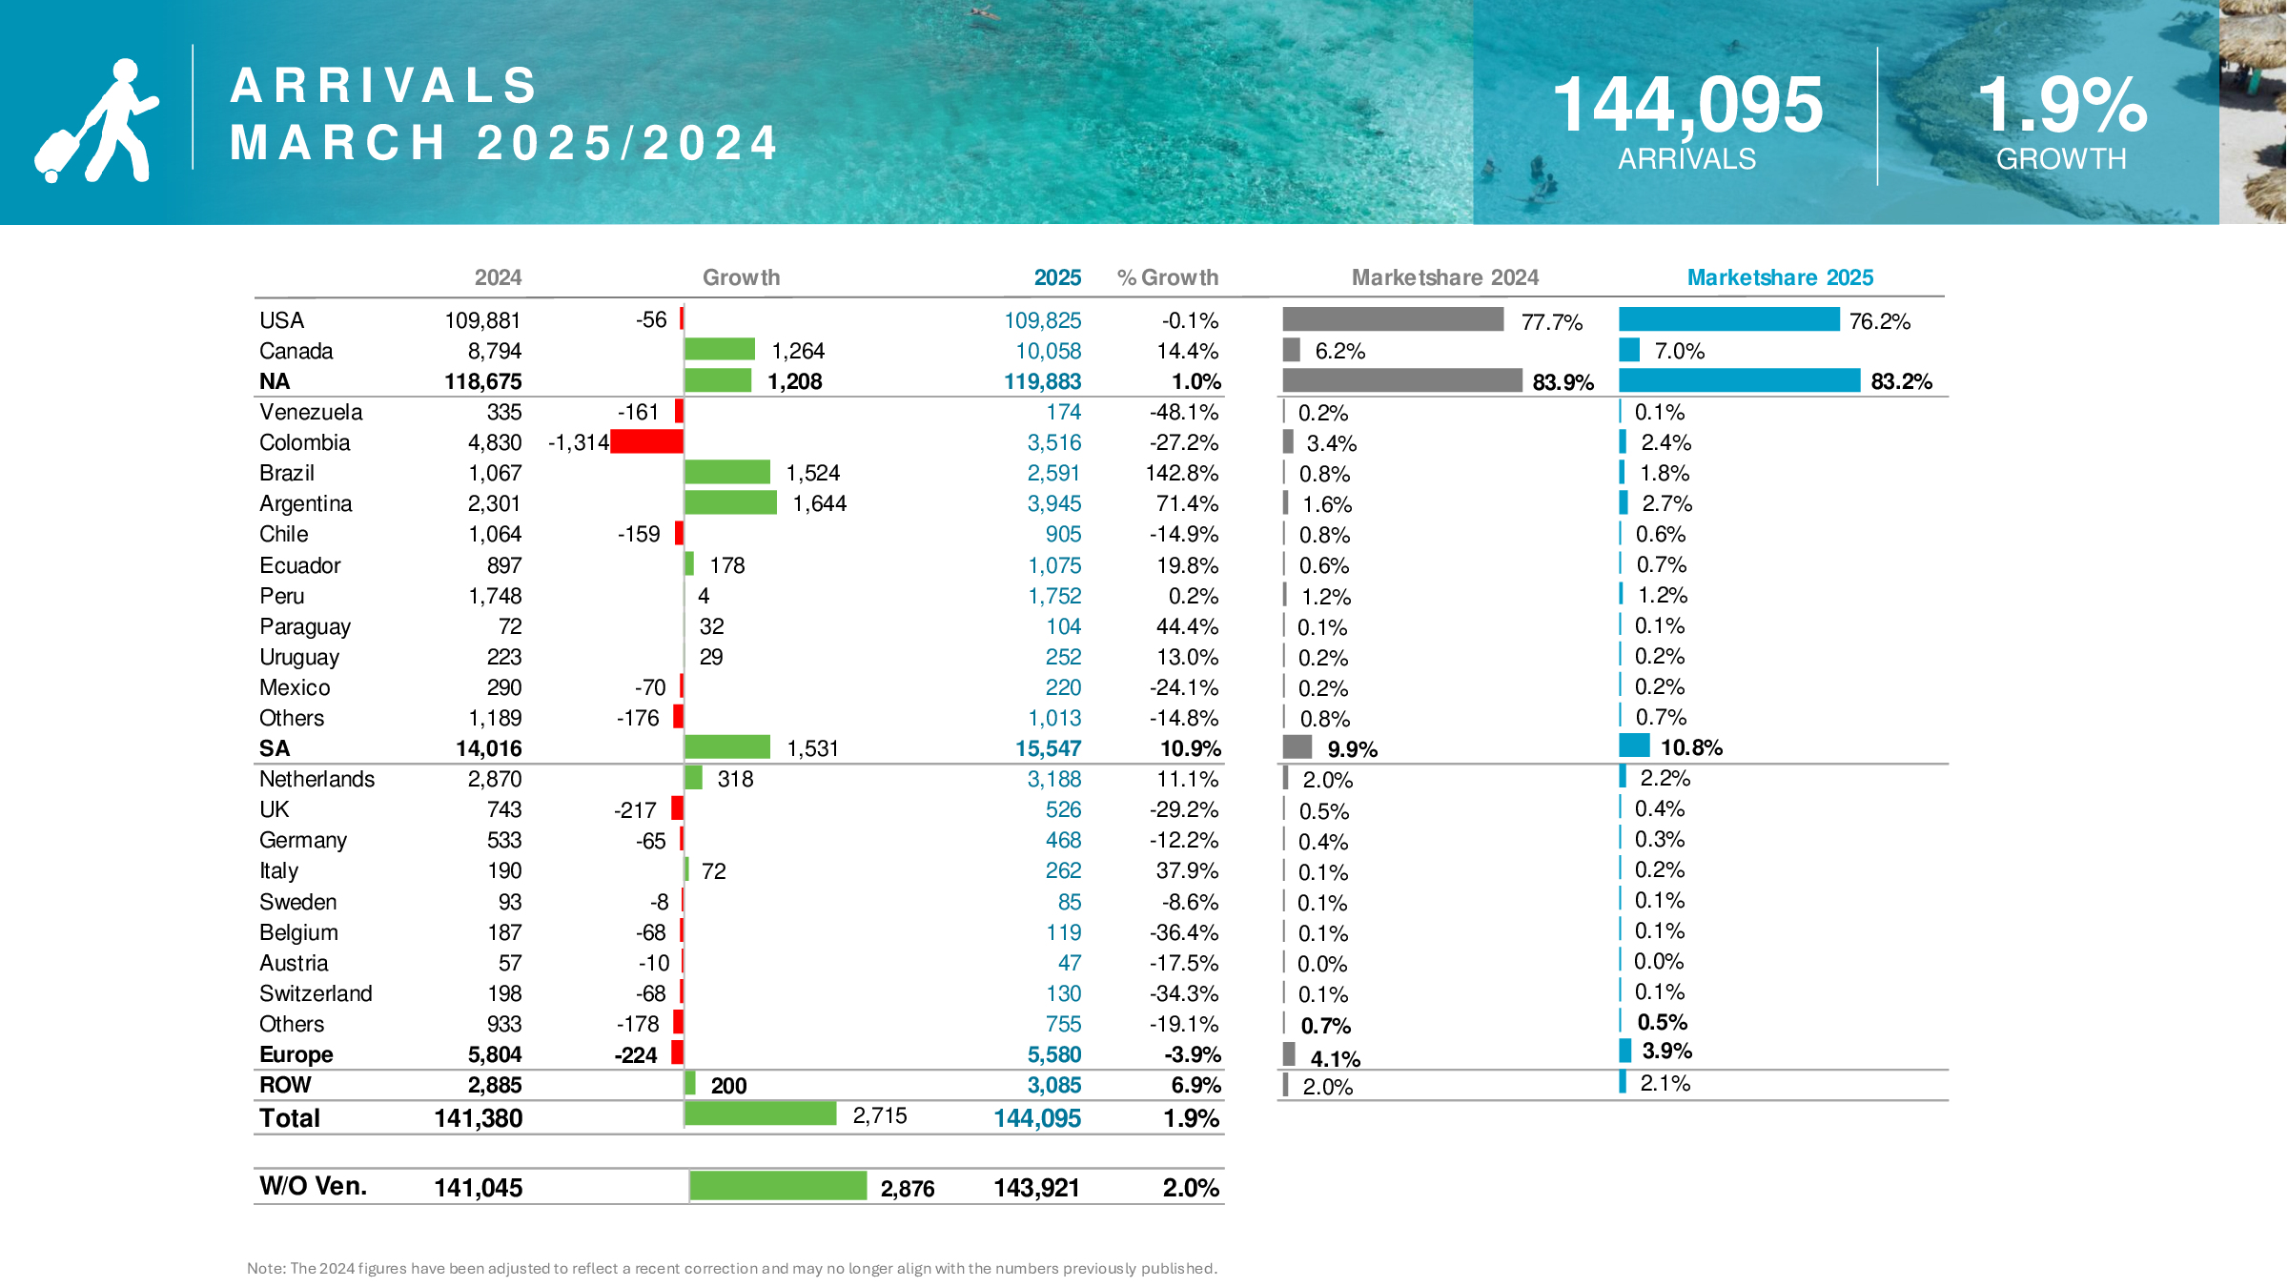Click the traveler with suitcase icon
click(x=95, y=122)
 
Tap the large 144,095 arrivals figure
click(x=1686, y=105)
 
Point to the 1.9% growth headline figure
click(x=2061, y=105)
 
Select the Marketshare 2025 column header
click(x=1779, y=277)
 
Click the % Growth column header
click(x=1167, y=277)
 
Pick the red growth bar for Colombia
click(x=646, y=441)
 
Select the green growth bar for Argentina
click(x=730, y=502)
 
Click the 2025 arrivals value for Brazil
click(x=1053, y=473)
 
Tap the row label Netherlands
click(x=317, y=779)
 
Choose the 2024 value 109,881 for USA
click(x=482, y=320)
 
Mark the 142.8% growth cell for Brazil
click(x=1181, y=473)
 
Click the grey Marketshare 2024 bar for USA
click(x=1392, y=319)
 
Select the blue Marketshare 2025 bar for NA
click(x=1739, y=380)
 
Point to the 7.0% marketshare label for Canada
click(x=1679, y=351)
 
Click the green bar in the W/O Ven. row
click(x=777, y=1186)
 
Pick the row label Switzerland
click(x=316, y=993)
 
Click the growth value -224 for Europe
click(x=636, y=1055)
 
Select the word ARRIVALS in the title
click(x=384, y=86)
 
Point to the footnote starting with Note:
click(x=731, y=1268)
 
